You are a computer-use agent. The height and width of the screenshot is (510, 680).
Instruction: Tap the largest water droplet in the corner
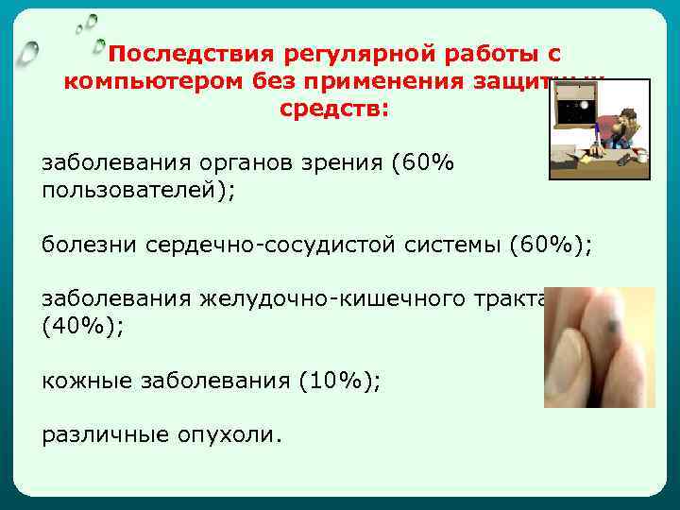pos(29,51)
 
